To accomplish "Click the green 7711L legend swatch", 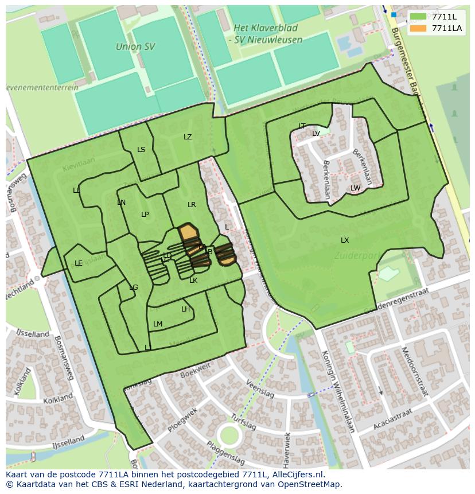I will pos(418,17).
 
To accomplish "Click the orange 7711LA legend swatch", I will pos(418,28).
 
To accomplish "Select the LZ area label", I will pos(188,137).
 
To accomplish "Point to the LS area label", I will pos(141,150).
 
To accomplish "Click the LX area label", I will pos(345,240).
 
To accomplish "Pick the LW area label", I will pos(356,188).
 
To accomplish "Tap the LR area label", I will pos(192,204).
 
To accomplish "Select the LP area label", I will pos(145,215).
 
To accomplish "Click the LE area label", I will pos(79,263).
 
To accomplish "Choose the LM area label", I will pos(158,324).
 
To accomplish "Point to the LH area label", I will pos(185,309).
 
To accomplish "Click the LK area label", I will pos(193,281).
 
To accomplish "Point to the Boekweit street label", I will pos(196,369).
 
